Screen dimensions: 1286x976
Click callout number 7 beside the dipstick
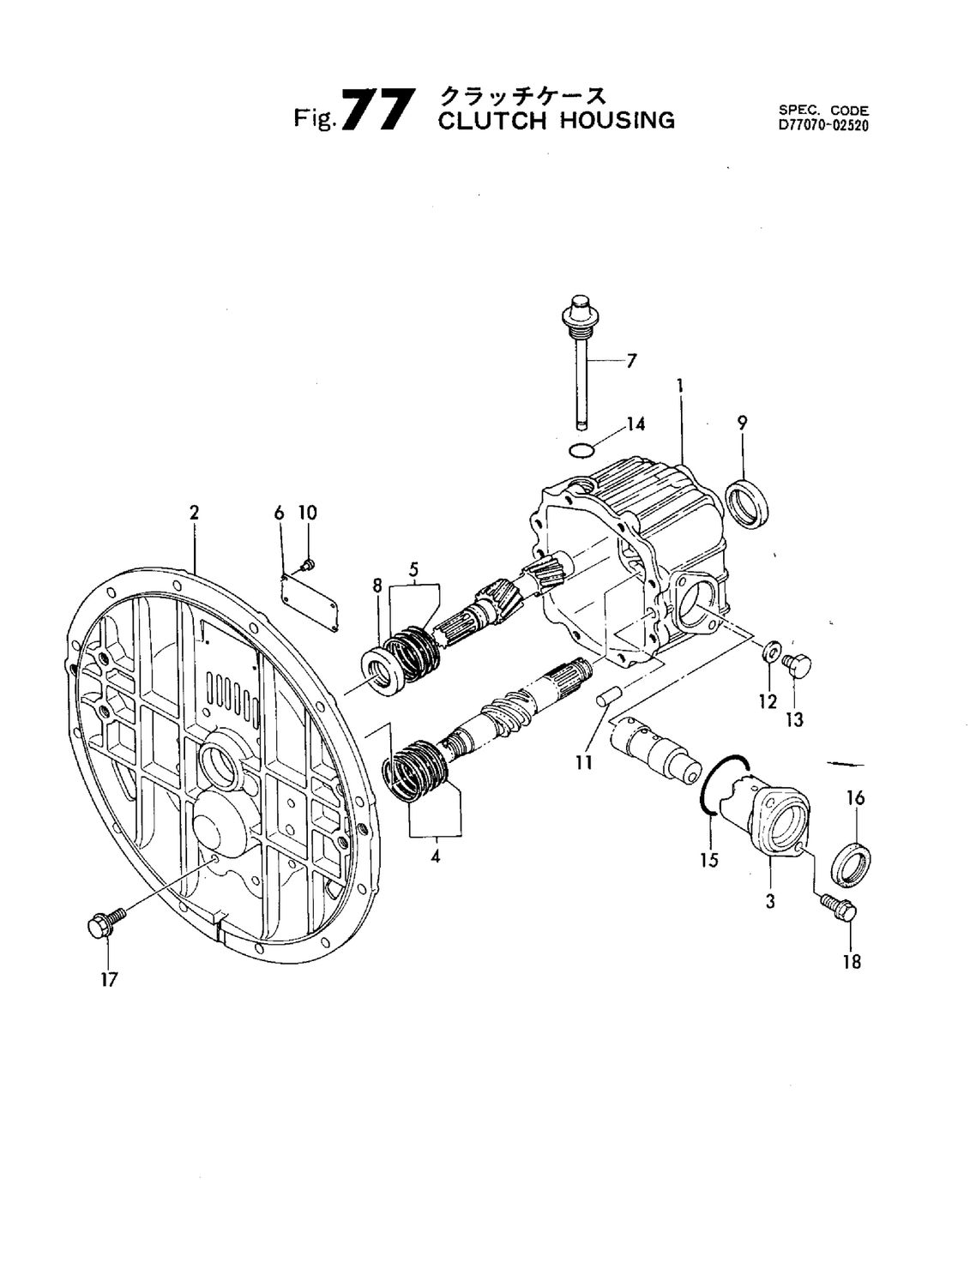(631, 361)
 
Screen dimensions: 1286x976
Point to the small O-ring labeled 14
(581, 449)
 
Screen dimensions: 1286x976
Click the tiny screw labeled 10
(308, 563)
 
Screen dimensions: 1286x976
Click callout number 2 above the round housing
(195, 513)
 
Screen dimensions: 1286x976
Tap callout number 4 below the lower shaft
(436, 856)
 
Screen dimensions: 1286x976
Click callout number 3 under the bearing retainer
(770, 901)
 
